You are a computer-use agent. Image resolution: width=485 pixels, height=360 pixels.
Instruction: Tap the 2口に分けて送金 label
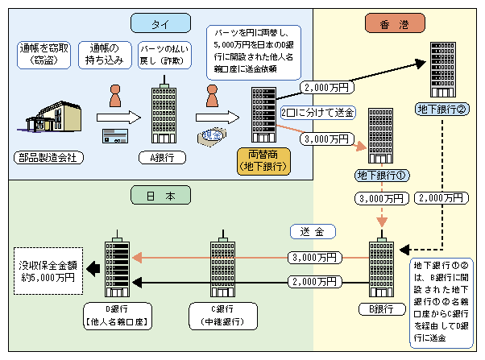coord(318,113)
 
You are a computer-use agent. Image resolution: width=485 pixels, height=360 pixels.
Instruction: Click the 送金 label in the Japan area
coord(308,231)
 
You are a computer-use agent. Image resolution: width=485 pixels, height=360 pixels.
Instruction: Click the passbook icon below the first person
coord(112,136)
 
